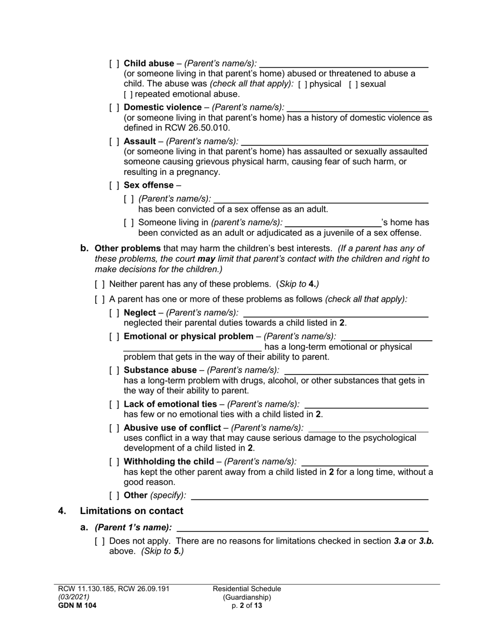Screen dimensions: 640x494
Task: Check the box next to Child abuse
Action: [x=114, y=63]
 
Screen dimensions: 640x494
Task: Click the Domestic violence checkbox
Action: [x=114, y=108]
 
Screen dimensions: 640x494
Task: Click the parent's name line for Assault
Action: [x=335, y=144]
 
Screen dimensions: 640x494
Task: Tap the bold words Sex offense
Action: [x=149, y=185]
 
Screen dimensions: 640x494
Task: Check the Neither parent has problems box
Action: [x=100, y=284]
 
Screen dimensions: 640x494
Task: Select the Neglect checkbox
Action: [x=114, y=313]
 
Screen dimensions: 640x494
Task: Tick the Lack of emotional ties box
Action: [x=114, y=404]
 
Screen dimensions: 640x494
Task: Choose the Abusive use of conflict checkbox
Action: [x=114, y=428]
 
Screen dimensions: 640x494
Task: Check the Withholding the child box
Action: [x=114, y=462]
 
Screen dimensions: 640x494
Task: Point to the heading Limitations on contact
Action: [x=132, y=511]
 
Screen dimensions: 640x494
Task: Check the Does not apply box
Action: [x=100, y=541]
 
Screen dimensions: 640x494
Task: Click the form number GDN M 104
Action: [x=77, y=606]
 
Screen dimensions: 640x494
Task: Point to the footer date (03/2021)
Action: [x=74, y=597]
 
